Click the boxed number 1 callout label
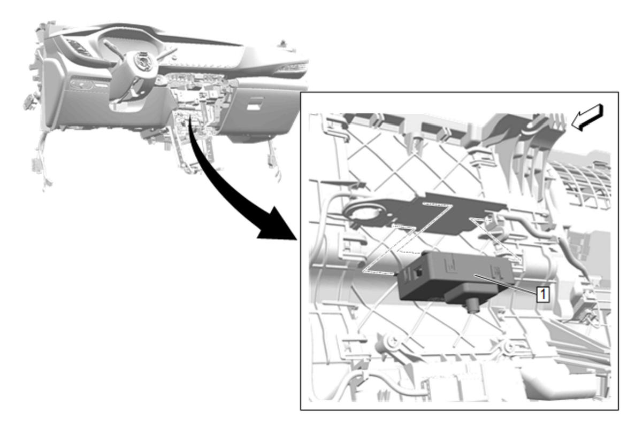(542, 294)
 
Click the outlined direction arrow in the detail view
(587, 117)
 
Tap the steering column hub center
(142, 61)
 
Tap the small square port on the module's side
(418, 272)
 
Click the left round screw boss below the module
(393, 341)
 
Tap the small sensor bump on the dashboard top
(283, 43)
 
